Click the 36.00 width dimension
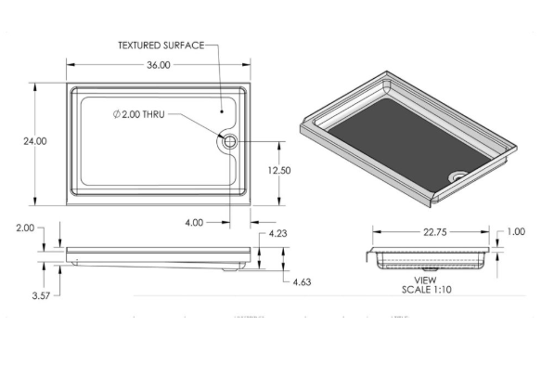coord(158,65)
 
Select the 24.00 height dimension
coord(34,141)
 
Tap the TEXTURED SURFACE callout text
coord(160,45)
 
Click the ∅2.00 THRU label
coord(143,114)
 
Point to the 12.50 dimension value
coord(280,170)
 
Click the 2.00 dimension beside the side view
coord(24,228)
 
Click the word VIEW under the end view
coord(425,279)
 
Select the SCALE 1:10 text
coord(426,289)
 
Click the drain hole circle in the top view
coord(229,141)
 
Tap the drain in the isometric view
coord(456,174)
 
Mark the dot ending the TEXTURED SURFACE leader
coord(222,109)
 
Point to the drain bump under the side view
coord(230,268)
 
